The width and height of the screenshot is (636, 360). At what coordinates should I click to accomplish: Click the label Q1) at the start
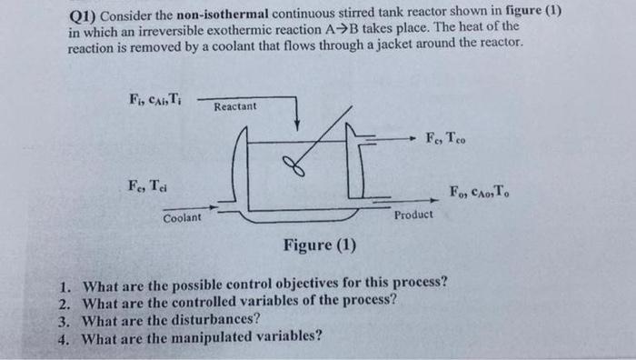(84, 15)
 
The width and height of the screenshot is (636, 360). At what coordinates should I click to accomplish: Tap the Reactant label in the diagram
(235, 107)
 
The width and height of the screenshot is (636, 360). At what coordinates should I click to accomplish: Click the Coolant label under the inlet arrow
(184, 218)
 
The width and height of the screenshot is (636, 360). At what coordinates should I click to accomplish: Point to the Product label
(413, 215)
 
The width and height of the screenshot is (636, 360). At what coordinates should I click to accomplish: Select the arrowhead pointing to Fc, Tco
(413, 139)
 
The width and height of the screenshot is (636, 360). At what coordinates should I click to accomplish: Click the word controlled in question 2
(202, 300)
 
